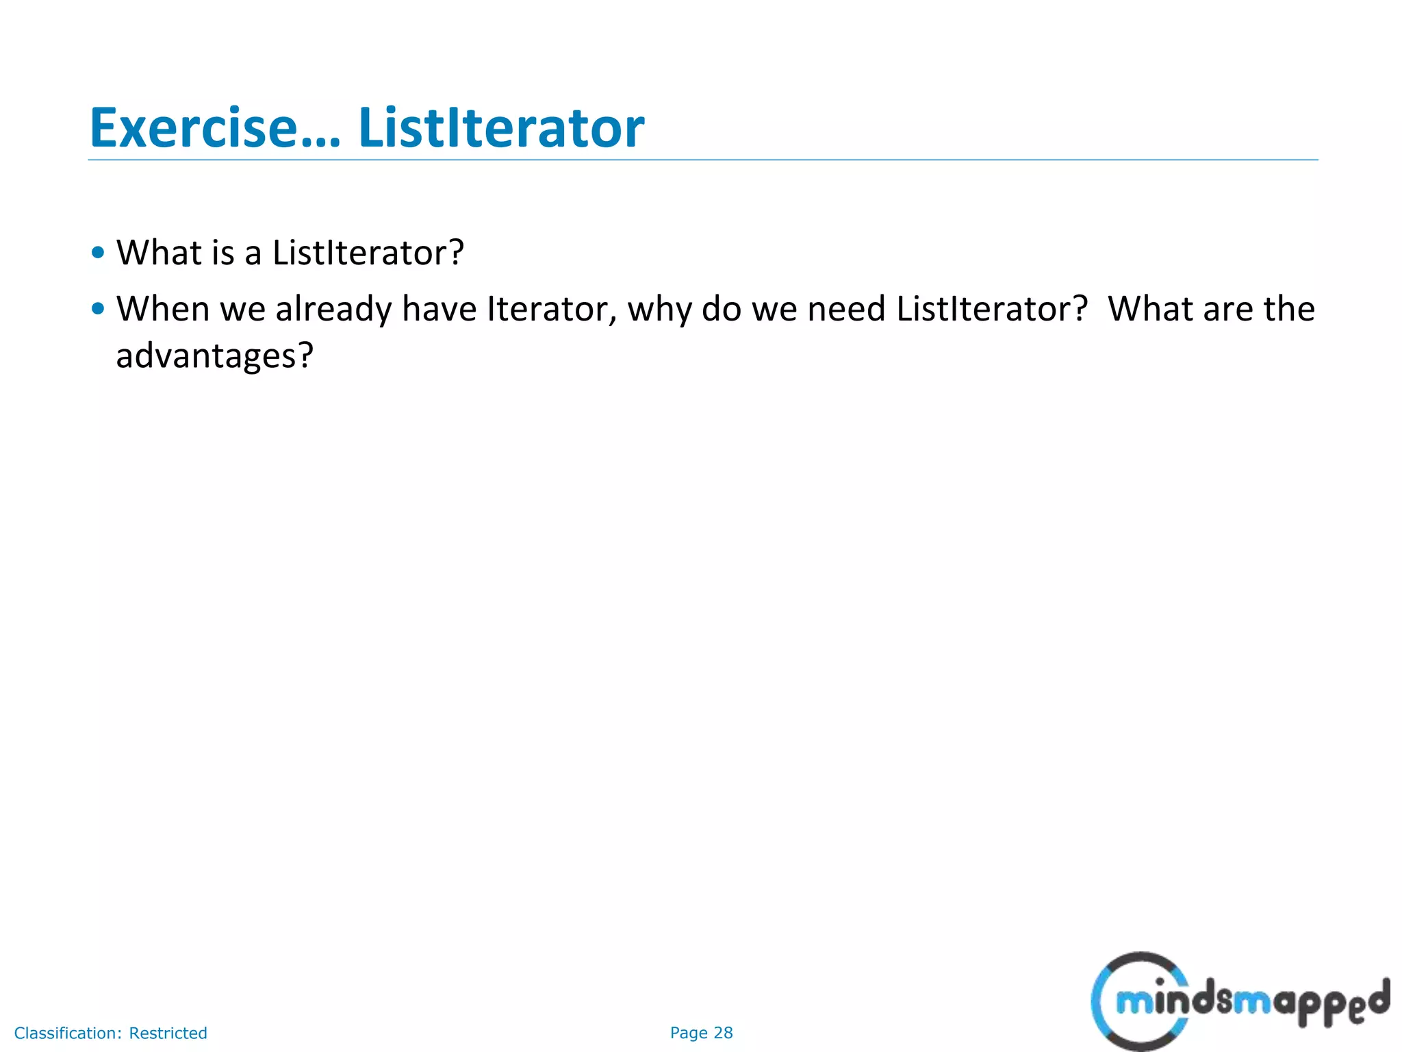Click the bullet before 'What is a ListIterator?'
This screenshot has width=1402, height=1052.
[x=98, y=253]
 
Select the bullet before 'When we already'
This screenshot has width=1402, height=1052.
[x=98, y=309]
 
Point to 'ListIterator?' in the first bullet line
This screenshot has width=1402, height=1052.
[x=368, y=253]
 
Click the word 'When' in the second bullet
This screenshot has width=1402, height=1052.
[x=163, y=309]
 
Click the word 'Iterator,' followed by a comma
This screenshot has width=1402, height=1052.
[x=552, y=310]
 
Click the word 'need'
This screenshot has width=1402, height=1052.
[x=847, y=309]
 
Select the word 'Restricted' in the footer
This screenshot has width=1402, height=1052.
[x=168, y=1033]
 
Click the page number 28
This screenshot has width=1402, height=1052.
[x=723, y=1033]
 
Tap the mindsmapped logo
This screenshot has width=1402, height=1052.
[x=1239, y=1001]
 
